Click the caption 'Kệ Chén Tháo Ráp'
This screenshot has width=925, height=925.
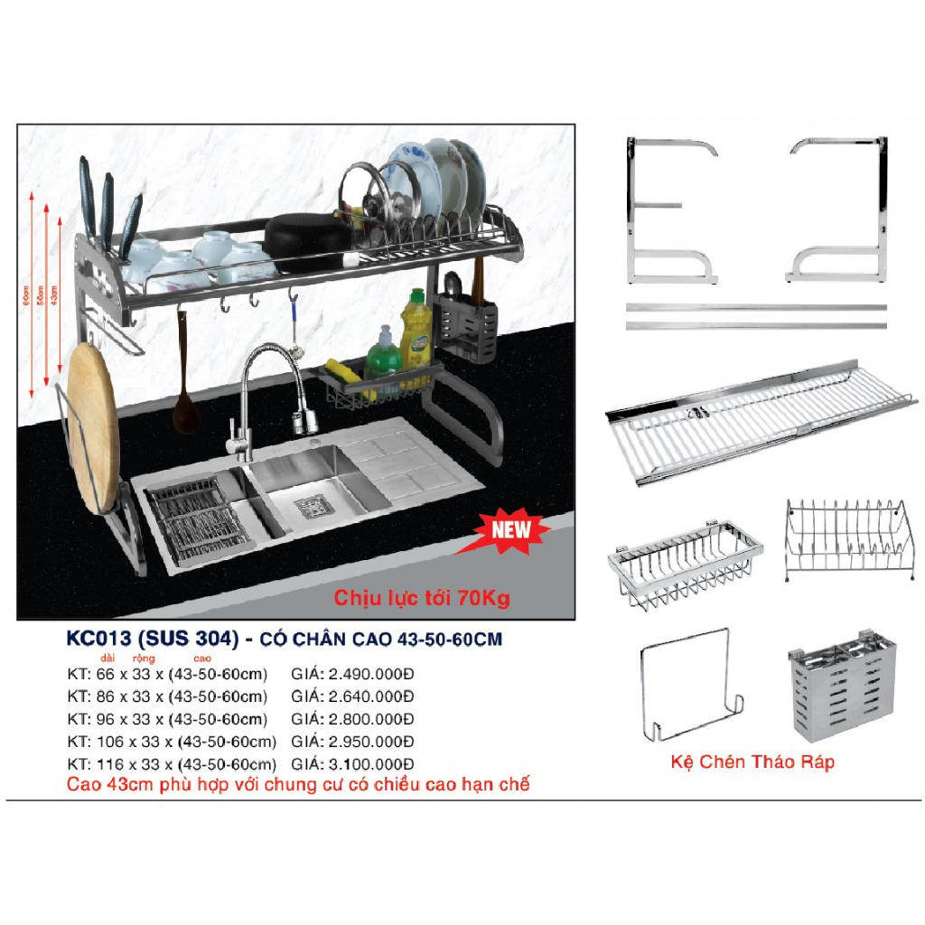(x=752, y=761)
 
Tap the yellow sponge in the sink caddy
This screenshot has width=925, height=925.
(x=348, y=369)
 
